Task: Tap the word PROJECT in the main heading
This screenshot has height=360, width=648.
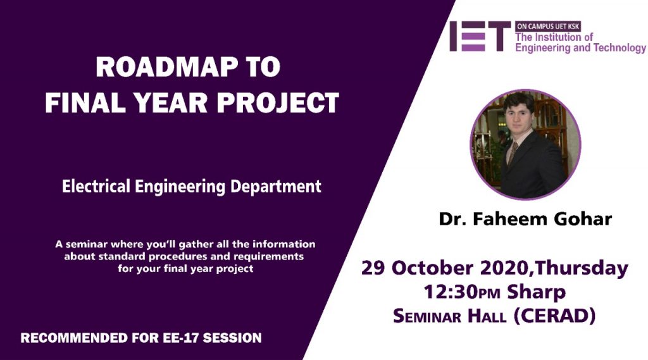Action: [278, 102]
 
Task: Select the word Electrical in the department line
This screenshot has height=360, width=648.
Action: [96, 186]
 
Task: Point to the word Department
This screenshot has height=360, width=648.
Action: [276, 187]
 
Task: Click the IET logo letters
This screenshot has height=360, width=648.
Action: [480, 36]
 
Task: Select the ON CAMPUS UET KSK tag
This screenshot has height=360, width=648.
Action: [548, 27]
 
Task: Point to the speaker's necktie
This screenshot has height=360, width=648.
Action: [513, 153]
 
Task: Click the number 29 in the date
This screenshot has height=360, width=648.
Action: [373, 268]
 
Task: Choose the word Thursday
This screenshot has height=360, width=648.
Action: [581, 269]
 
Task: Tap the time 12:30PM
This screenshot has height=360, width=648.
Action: [461, 292]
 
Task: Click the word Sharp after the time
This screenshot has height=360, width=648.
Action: [536, 293]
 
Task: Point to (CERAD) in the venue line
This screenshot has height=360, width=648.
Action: [554, 316]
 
